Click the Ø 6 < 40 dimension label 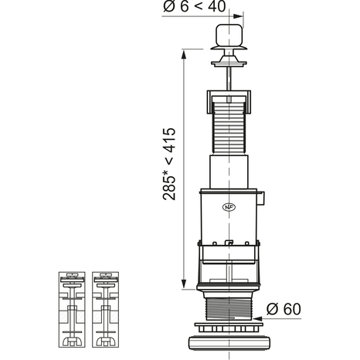[195, 7]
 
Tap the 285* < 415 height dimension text [169, 164]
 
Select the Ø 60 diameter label [284, 309]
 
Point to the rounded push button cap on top [229, 35]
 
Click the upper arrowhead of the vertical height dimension [184, 55]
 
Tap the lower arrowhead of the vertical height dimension [184, 284]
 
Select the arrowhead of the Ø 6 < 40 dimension [238, 16]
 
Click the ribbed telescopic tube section [229, 128]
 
